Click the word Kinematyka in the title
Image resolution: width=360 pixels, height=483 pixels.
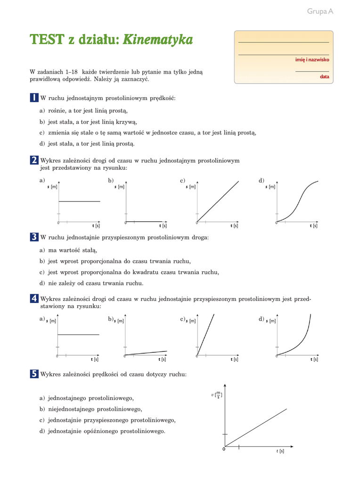158,40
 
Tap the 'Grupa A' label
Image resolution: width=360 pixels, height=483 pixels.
320,11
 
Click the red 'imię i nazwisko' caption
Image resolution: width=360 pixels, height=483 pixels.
312,60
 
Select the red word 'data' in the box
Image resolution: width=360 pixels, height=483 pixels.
324,76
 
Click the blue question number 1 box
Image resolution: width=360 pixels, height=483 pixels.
33,98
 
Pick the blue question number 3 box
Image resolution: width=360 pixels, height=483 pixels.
33,237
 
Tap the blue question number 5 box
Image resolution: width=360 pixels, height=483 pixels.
33,374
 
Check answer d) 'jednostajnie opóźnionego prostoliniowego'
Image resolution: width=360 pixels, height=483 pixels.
103,431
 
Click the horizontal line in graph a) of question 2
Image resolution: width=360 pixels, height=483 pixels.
79,201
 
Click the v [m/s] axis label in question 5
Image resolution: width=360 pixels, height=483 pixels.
217,394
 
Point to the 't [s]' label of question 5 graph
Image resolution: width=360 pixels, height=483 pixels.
280,451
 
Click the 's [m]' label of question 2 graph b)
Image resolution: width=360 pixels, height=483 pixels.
120,187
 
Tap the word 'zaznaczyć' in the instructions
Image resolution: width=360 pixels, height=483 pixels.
135,80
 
